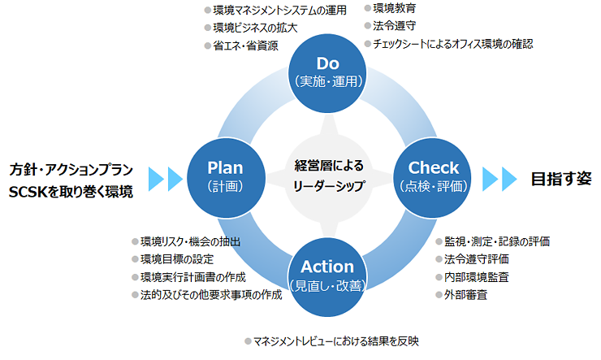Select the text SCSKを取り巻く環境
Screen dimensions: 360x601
point(71,193)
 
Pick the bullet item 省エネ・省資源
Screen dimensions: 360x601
point(244,46)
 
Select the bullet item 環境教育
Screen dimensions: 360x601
point(395,8)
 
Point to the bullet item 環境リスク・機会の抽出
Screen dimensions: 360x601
point(191,241)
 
